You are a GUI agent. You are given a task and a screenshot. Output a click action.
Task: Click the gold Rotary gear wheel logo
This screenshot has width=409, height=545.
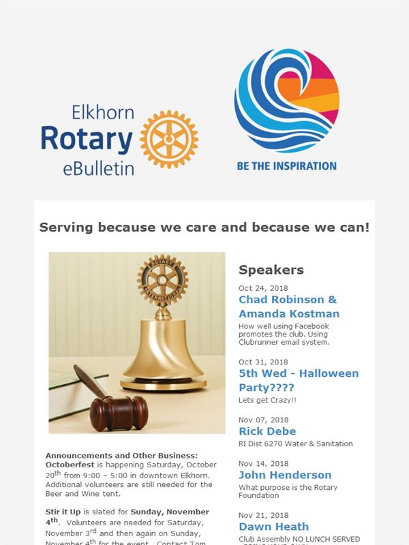click(169, 140)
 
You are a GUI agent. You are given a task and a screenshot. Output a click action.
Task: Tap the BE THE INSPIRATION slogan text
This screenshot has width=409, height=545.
click(286, 166)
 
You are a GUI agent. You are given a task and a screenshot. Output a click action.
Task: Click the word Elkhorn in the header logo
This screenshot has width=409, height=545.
click(103, 112)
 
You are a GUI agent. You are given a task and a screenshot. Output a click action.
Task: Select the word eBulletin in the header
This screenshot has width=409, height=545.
click(98, 168)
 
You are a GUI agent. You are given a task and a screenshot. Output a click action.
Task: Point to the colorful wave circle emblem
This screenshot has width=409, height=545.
click(286, 101)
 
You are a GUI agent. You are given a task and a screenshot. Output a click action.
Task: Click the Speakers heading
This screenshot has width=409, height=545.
click(271, 270)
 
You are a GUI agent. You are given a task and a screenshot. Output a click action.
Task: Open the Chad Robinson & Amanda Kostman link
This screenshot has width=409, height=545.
click(289, 307)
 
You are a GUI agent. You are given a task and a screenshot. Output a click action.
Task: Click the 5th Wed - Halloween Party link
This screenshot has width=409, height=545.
click(299, 380)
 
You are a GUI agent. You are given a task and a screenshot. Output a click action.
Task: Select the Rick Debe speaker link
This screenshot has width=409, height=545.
click(267, 431)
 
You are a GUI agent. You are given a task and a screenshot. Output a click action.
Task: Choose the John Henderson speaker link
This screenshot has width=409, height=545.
click(285, 475)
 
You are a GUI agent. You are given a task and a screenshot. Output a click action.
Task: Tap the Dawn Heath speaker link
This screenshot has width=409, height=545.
click(274, 527)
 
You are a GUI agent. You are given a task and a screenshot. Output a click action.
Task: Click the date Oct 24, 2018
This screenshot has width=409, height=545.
click(263, 288)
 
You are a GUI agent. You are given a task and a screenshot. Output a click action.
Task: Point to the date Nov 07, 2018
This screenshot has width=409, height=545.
click(263, 420)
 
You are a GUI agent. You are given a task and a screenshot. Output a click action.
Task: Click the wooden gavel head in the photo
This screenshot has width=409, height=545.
click(119, 414)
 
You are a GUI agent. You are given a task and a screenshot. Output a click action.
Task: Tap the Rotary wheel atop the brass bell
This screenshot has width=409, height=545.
click(162, 281)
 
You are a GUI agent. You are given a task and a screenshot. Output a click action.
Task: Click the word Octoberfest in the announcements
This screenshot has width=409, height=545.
click(70, 465)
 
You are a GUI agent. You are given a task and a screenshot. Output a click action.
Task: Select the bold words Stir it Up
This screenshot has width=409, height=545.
click(63, 512)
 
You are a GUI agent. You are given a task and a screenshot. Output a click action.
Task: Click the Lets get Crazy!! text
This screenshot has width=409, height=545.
click(267, 400)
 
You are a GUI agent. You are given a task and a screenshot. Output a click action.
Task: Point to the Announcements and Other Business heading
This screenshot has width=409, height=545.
click(121, 455)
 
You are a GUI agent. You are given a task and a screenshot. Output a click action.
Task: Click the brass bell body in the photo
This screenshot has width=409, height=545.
click(164, 351)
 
